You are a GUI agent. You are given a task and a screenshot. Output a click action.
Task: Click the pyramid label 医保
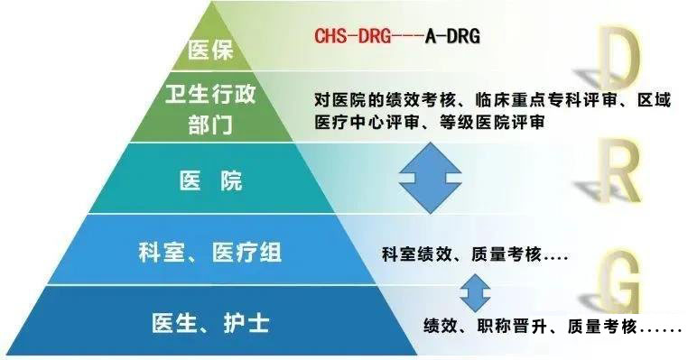(x=209, y=51)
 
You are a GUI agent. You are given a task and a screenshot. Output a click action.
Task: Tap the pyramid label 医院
(x=210, y=180)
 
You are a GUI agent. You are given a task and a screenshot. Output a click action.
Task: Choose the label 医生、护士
(x=210, y=321)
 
